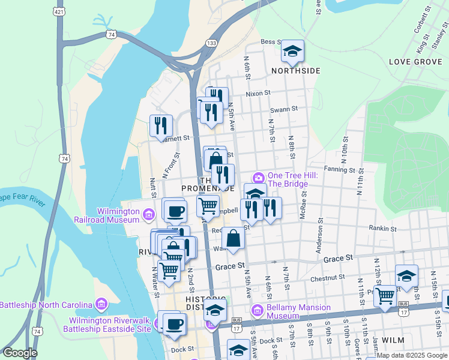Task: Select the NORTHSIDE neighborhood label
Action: (x=295, y=71)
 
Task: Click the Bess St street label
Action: (x=271, y=42)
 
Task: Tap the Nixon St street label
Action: (x=258, y=94)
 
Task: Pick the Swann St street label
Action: (x=284, y=109)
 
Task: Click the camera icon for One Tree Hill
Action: (x=259, y=177)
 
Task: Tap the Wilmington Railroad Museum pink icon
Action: (x=149, y=212)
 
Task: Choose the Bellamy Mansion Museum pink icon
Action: (x=258, y=310)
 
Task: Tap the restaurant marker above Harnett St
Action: (x=161, y=125)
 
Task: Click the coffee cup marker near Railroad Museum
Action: (x=175, y=211)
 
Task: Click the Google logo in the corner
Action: (x=20, y=353)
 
